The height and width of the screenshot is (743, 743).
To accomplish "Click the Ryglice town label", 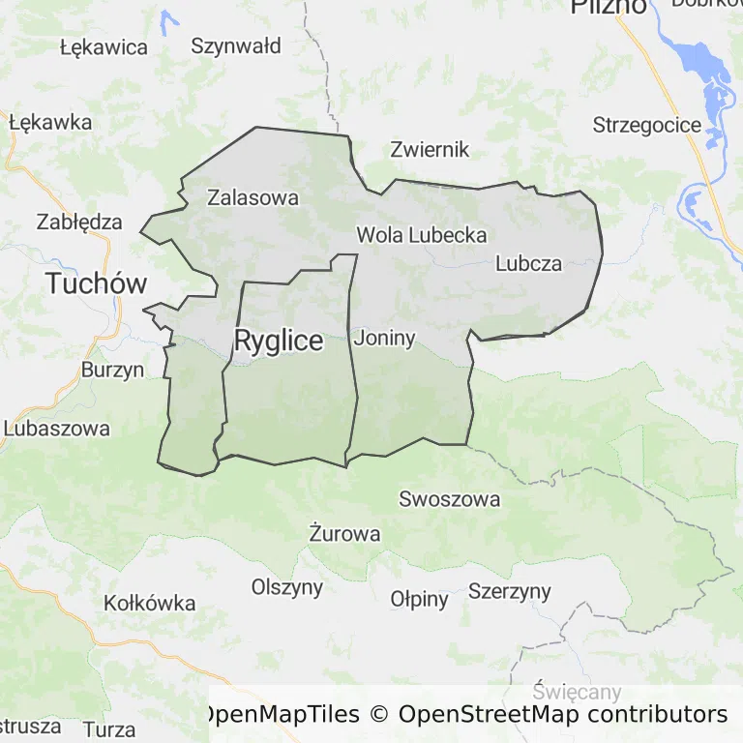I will pos(279,341).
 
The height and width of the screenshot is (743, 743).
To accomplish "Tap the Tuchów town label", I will pos(97,283).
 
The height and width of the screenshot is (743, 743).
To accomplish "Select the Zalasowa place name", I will pos(253,197).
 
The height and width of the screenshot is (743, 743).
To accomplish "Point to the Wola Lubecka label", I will pos(421,234).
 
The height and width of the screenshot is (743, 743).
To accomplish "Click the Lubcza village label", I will pos(528,262).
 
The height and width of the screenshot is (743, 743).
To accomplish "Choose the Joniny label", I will pos(385,338).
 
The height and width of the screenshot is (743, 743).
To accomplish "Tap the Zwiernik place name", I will pos(430,149).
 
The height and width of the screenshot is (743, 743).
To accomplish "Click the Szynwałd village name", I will pos(236,45).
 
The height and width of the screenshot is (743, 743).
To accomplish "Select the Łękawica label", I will pos(104,46).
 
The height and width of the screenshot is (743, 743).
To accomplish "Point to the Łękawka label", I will pos(50,122).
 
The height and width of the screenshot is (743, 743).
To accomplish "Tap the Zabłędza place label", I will pos(79,222).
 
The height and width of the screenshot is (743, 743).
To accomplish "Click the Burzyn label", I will pos(112,370).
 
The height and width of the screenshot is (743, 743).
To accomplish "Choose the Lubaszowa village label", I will pos(57,428).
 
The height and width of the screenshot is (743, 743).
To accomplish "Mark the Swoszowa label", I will pos(450,499).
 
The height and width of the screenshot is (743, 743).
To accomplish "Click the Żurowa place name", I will pos(344,533).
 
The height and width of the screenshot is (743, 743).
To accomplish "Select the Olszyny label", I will pos(287,586).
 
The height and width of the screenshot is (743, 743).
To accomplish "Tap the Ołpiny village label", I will pos(420,599).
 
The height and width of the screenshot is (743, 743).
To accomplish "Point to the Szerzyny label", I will pos(510,590).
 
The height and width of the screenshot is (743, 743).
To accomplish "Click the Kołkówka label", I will pos(150,603).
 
